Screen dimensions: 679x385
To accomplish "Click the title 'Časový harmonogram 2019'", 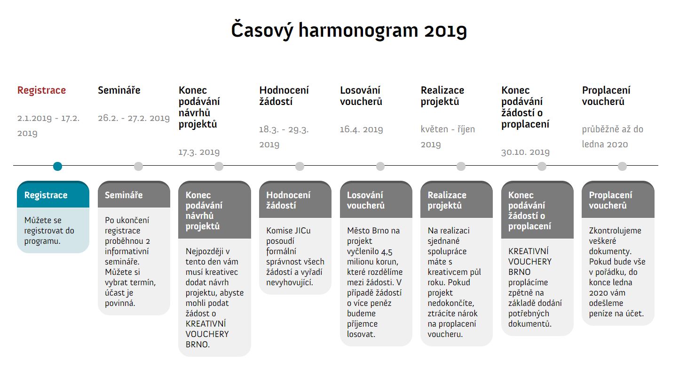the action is (349, 30).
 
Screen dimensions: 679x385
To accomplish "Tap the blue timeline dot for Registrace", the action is (57, 166).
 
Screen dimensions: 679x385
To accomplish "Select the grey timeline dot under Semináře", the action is (138, 166).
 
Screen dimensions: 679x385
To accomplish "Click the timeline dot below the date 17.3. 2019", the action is (219, 166).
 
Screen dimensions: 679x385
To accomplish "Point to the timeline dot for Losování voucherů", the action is (380, 166).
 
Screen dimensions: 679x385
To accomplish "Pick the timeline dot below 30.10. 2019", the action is (542, 166).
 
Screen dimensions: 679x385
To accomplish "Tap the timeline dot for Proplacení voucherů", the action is (622, 166).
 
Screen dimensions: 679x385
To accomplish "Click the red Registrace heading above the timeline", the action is (41, 90).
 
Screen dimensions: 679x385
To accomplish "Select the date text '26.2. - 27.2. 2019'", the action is (134, 118).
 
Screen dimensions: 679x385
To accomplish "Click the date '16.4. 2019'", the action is (361, 129).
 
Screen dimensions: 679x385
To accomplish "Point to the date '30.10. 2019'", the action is (525, 152).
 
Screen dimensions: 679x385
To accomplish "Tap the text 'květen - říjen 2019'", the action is (448, 137).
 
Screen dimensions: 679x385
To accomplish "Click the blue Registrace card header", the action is (53, 194).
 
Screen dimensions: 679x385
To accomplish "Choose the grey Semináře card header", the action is (134, 194).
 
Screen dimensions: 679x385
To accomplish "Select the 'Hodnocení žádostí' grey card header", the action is (295, 200).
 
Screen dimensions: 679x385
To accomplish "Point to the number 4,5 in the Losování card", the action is (387, 252).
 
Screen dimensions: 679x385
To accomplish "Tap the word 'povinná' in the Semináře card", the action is (120, 303).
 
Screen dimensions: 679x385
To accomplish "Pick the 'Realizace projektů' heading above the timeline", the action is (442, 96).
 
